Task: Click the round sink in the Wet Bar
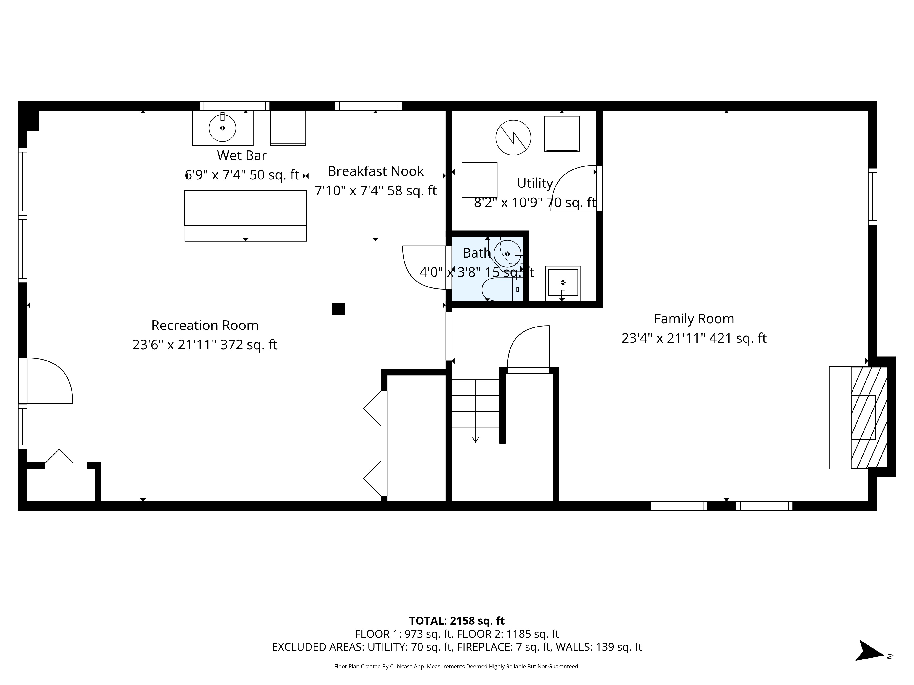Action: [x=222, y=128]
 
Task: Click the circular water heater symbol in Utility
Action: [x=513, y=137]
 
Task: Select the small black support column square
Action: [x=338, y=309]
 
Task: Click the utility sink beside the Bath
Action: [x=563, y=283]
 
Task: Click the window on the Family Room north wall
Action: [x=872, y=196]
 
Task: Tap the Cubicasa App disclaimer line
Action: [x=457, y=667]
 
